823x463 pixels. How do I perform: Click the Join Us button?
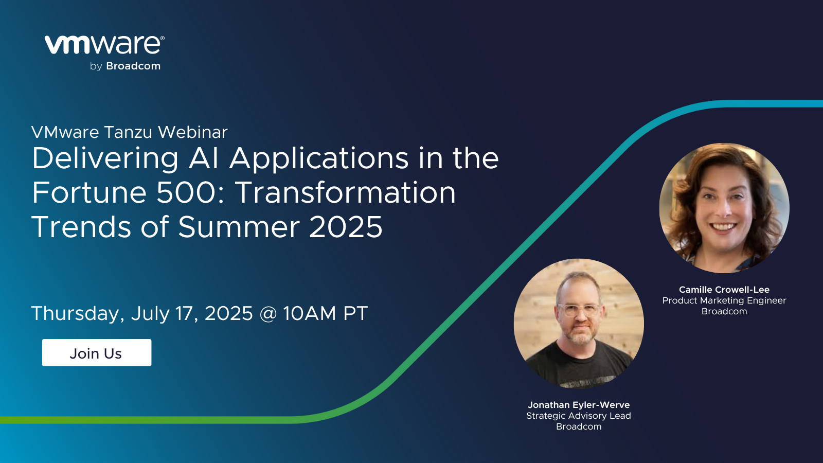97,352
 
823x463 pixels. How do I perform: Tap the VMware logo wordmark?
104,45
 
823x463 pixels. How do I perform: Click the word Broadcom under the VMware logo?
133,66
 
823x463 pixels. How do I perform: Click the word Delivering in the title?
105,159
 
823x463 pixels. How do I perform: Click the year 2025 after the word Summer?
346,227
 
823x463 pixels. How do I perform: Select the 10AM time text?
310,313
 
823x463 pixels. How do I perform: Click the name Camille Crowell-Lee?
724,290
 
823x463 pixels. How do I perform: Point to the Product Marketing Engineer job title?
724,300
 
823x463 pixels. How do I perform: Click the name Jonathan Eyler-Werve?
579,405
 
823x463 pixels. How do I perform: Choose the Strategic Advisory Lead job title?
579,416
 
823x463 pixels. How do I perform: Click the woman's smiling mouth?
723,227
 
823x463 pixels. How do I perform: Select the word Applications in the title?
319,159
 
